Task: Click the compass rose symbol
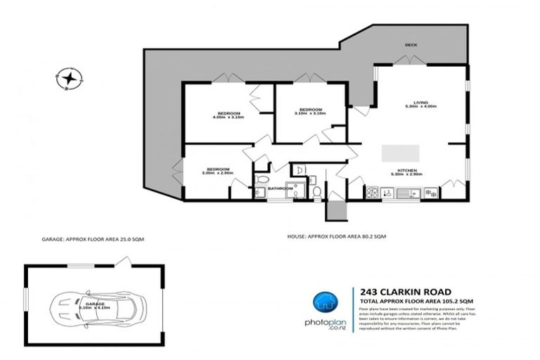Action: [x=69, y=79]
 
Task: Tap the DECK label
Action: [x=411, y=45]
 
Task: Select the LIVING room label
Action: [x=420, y=103]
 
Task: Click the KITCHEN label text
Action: [x=409, y=171]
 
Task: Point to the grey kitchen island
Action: [x=400, y=153]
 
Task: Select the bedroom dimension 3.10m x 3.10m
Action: [x=310, y=114]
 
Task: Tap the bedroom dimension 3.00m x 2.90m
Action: [x=217, y=173]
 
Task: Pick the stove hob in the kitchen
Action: [x=371, y=193]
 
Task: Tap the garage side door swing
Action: [x=124, y=262]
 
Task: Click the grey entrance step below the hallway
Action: [x=335, y=210]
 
